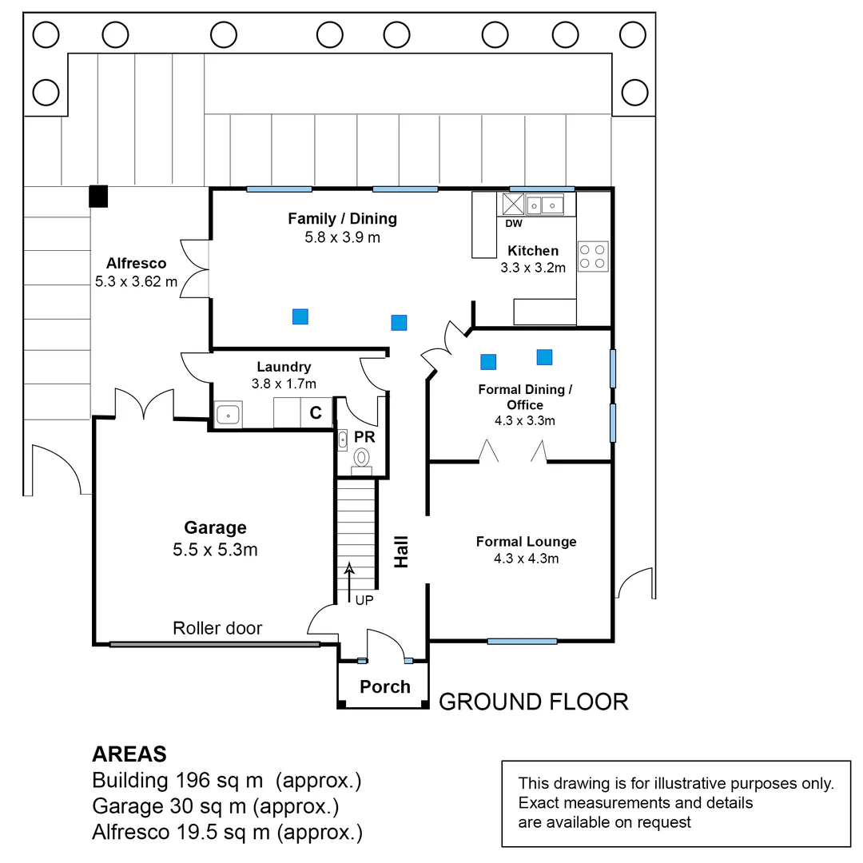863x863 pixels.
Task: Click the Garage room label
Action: pyautogui.click(x=215, y=527)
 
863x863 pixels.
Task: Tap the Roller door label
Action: pyautogui.click(x=217, y=628)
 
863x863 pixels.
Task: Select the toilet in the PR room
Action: pyautogui.click(x=362, y=458)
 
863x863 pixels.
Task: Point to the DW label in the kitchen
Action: pyautogui.click(x=513, y=224)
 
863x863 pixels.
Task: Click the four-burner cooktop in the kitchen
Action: pyautogui.click(x=592, y=256)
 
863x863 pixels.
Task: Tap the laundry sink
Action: pyautogui.click(x=229, y=415)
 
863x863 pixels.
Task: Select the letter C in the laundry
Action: pyautogui.click(x=316, y=413)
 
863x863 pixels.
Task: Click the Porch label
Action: pyautogui.click(x=384, y=686)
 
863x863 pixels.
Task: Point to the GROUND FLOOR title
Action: pyautogui.click(x=534, y=702)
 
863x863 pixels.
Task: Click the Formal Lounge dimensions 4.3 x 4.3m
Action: pyautogui.click(x=526, y=559)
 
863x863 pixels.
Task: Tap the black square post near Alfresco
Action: pyautogui.click(x=97, y=197)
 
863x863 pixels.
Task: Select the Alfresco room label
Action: pyautogui.click(x=136, y=263)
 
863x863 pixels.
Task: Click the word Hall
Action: pyautogui.click(x=401, y=551)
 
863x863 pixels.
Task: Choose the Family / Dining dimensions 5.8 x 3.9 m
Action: pyautogui.click(x=342, y=237)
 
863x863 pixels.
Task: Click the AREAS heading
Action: pyautogui.click(x=129, y=754)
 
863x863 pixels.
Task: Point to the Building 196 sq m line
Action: pyautogui.click(x=227, y=781)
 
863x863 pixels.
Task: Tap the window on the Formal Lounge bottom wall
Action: pyautogui.click(x=522, y=641)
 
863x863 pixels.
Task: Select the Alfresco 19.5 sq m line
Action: pyautogui.click(x=227, y=833)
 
